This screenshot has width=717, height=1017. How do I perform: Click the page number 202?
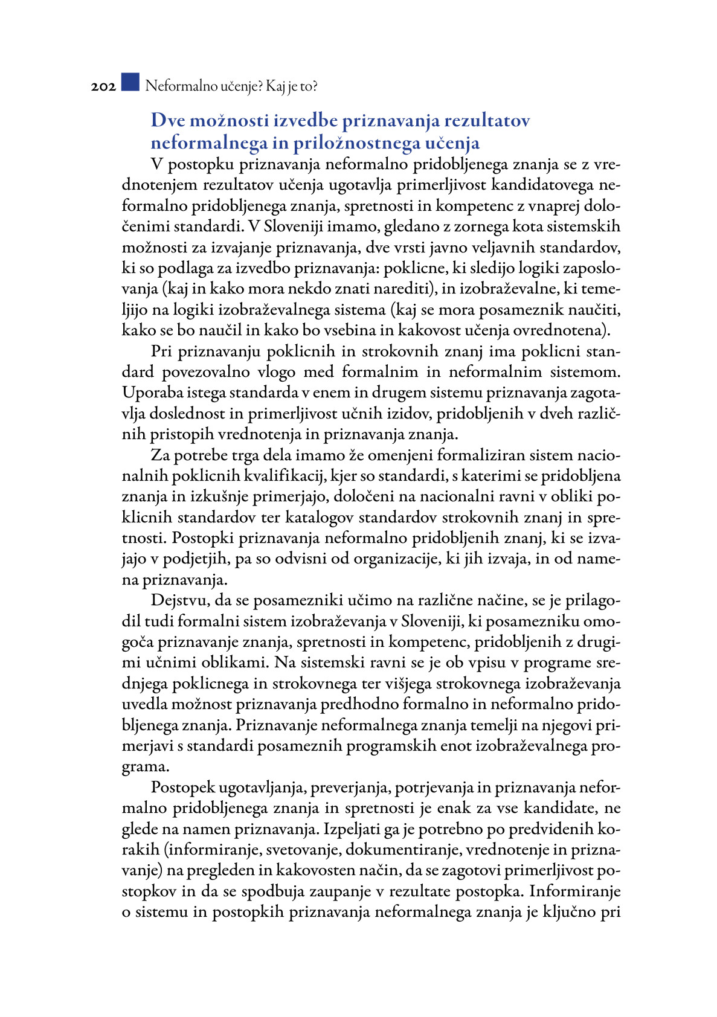tap(103, 87)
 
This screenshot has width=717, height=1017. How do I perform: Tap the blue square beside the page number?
tap(130, 82)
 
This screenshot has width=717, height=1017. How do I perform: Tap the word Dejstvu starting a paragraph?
tap(180, 601)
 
